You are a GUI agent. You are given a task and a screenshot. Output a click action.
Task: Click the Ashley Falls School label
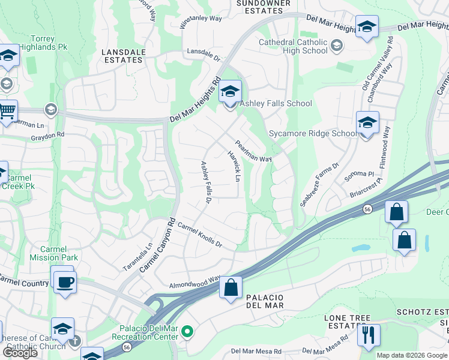(276, 103)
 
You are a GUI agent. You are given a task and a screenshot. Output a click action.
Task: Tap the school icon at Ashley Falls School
(230, 92)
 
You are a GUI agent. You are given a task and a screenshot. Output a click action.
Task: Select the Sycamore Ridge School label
(312, 133)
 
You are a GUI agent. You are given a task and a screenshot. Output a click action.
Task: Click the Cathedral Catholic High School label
(293, 46)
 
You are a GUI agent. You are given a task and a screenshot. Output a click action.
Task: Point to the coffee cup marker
(65, 281)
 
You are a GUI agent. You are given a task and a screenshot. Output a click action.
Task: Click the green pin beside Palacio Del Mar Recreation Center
(188, 331)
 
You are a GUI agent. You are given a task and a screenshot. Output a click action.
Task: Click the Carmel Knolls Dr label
(200, 236)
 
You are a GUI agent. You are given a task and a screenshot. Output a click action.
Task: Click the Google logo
(19, 353)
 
